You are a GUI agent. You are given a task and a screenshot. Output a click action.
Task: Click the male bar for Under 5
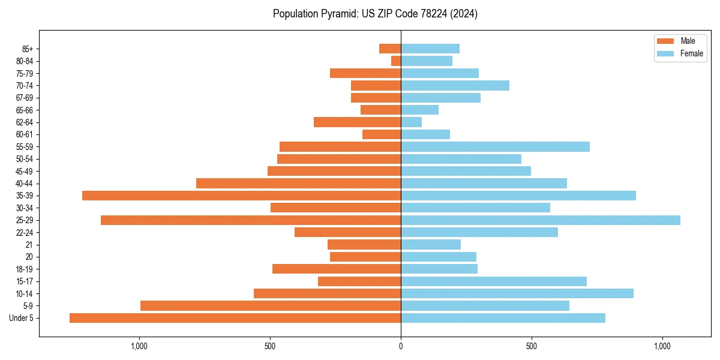pos(235,318)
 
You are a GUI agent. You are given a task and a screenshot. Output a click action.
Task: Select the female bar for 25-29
pos(540,220)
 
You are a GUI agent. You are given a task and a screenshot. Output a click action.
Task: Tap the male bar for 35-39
pos(241,196)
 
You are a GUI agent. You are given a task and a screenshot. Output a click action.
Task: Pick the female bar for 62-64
pos(411,122)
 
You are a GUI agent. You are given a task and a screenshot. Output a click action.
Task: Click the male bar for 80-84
pos(396,61)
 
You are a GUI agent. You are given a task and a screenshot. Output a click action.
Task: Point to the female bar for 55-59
pos(495,147)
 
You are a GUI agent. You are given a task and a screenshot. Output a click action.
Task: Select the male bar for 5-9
pos(271,306)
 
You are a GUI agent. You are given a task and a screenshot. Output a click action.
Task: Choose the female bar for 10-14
pos(517,293)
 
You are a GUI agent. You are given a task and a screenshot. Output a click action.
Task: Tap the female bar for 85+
pos(430,49)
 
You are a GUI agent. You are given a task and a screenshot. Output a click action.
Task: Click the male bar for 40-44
pos(298,184)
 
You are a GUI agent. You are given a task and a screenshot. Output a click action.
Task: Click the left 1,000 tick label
pos(139,347)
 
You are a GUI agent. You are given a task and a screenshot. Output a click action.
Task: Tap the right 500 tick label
pos(531,347)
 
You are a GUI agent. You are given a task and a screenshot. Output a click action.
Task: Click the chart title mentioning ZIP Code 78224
pos(375,14)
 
